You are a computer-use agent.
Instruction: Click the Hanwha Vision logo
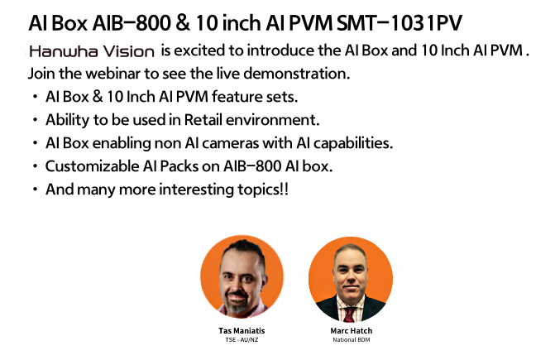click(x=92, y=51)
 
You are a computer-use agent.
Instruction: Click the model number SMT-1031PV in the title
click(x=399, y=23)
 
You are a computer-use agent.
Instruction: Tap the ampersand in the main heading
click(x=182, y=23)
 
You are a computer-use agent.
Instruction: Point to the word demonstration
click(x=297, y=74)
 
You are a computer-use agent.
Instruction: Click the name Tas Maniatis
click(x=242, y=330)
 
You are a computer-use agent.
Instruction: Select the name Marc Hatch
click(x=352, y=330)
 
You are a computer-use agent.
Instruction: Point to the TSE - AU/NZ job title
click(x=242, y=340)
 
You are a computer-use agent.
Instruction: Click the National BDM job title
click(x=352, y=340)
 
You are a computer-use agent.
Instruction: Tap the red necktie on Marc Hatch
click(x=349, y=314)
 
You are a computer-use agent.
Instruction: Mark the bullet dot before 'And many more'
click(x=35, y=189)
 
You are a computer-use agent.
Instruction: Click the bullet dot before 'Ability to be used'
click(x=35, y=120)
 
